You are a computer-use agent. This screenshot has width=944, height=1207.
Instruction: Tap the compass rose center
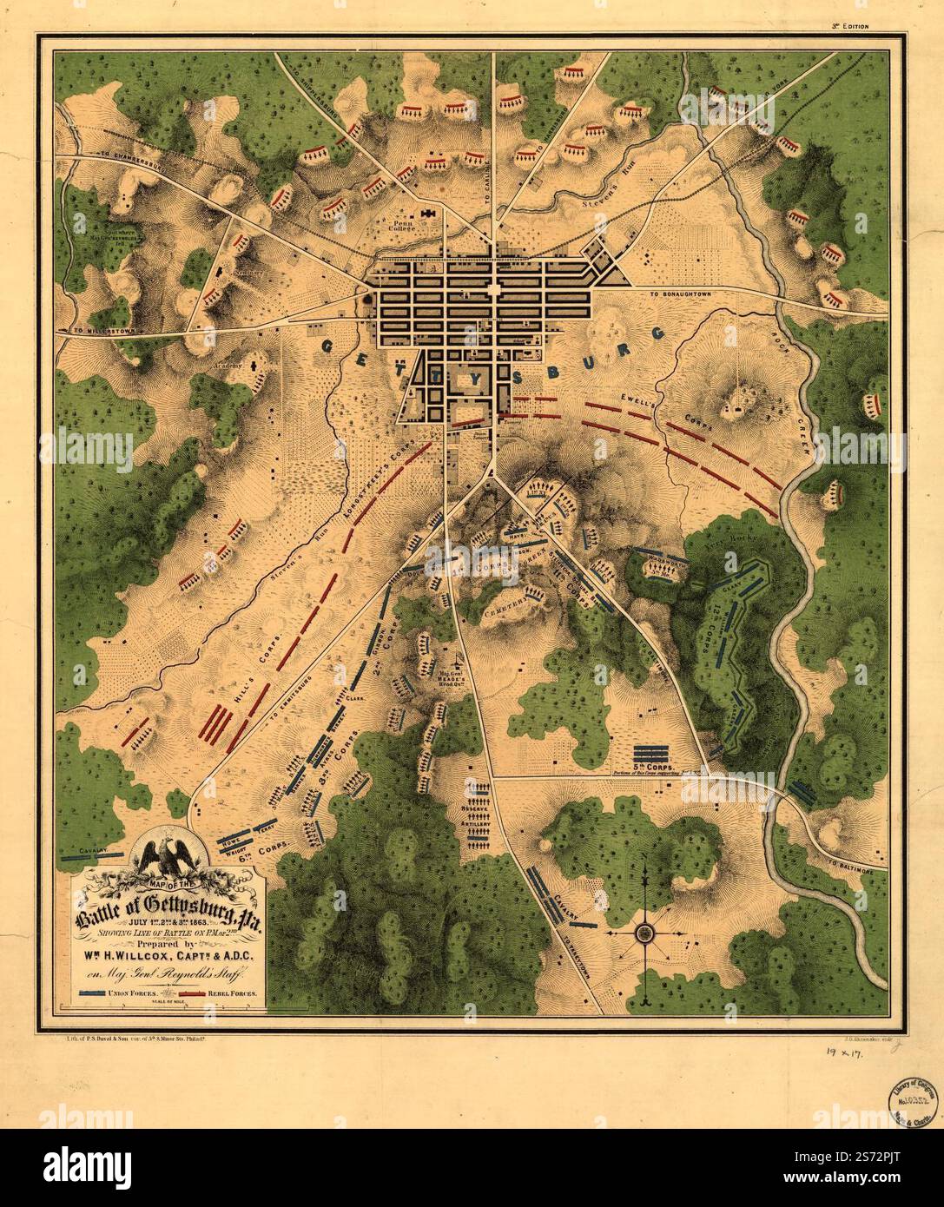[644, 933]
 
